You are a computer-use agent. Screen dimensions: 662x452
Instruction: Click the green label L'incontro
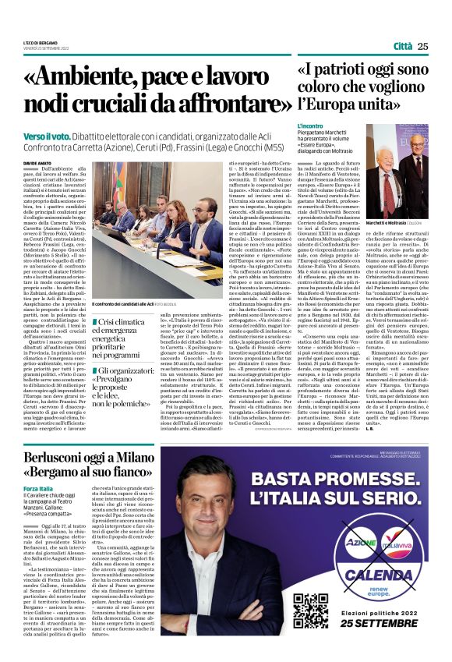[310, 126]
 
